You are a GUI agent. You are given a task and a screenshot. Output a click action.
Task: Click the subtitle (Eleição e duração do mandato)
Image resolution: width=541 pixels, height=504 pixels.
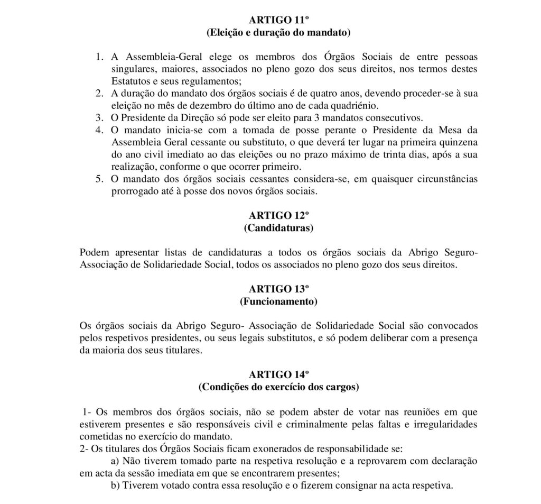click(x=278, y=33)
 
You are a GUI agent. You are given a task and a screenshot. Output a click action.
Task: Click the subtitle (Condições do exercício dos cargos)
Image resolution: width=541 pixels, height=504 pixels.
click(x=278, y=387)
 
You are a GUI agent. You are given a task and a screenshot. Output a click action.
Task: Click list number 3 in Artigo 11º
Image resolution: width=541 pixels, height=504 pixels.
click(x=99, y=117)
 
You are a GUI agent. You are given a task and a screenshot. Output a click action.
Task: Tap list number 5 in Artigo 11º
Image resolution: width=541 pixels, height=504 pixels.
click(x=99, y=179)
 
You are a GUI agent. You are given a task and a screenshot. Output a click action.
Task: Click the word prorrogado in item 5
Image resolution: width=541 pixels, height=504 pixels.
click(x=133, y=190)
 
